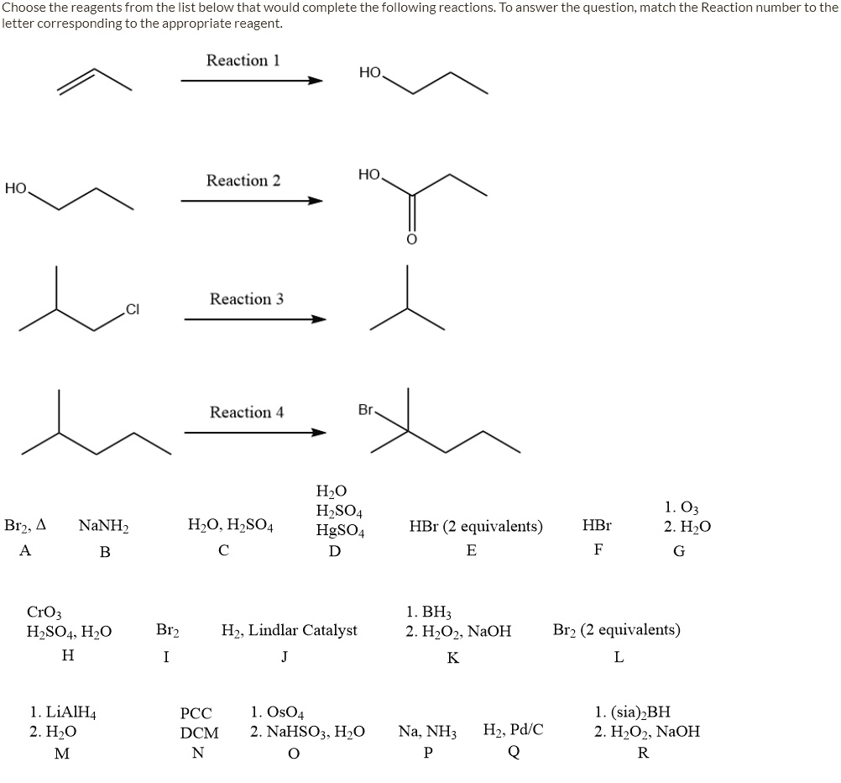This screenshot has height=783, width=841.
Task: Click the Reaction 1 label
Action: [243, 60]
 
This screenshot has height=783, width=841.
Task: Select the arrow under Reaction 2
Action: [252, 201]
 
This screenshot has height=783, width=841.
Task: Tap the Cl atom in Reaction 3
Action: [133, 310]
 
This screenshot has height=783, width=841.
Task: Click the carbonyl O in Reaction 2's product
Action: [411, 239]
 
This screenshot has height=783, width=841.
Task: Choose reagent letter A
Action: [25, 551]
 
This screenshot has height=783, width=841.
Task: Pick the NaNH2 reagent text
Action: [103, 527]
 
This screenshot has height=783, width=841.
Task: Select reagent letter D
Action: [335, 551]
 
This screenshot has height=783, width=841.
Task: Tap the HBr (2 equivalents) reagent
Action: [476, 527]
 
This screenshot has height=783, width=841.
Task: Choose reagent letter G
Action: [679, 551]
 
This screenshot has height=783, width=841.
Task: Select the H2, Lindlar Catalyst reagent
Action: [289, 630]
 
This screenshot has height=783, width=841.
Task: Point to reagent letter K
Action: [453, 658]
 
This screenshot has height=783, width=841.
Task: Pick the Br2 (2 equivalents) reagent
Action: [616, 630]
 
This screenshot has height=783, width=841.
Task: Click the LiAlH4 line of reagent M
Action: [63, 713]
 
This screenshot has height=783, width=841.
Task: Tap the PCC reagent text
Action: [196, 714]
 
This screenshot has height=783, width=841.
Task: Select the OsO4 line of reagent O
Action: [277, 712]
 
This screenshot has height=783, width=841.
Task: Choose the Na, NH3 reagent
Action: [427, 731]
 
